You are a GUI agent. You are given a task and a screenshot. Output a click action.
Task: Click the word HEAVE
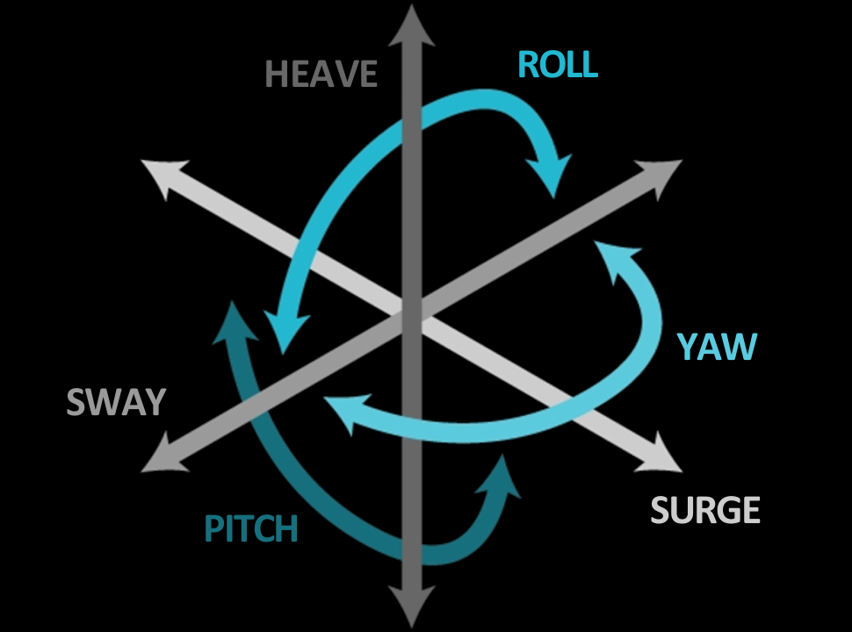click(321, 75)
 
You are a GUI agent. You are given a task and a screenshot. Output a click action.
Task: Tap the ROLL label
click(558, 64)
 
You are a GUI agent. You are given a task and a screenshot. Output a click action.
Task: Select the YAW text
click(717, 348)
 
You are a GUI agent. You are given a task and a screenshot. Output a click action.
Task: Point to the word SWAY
click(116, 403)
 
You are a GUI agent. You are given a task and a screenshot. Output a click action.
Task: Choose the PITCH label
click(251, 529)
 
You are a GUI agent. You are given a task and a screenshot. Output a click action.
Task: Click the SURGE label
click(705, 510)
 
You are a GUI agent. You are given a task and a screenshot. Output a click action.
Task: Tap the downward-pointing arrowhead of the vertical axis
click(412, 607)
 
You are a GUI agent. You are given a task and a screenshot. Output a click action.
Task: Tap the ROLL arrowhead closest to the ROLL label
click(552, 176)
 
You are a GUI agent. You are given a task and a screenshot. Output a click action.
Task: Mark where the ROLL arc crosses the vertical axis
click(412, 113)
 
